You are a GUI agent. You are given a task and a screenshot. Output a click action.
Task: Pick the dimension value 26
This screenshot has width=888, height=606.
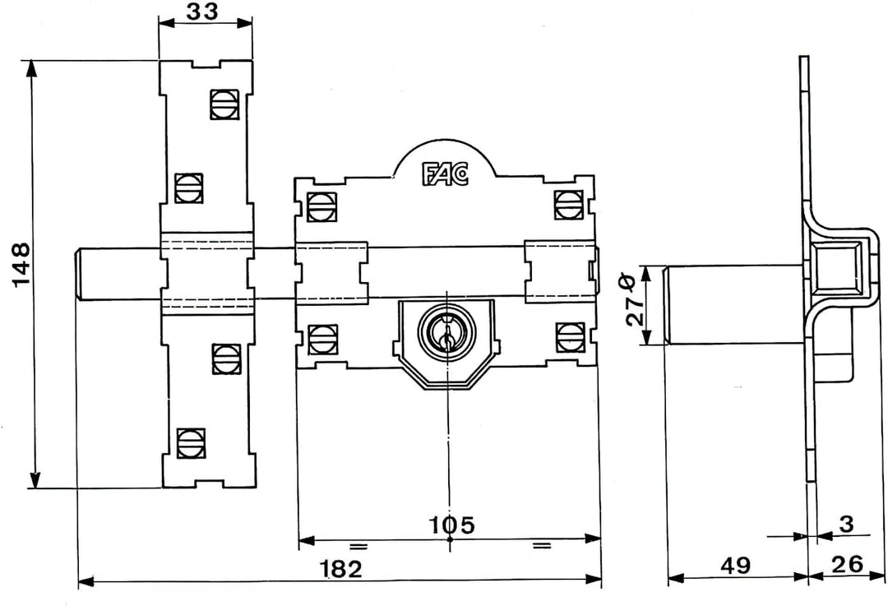coord(847,566)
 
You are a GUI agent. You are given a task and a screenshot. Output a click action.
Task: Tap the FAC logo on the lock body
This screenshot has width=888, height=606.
coord(445,173)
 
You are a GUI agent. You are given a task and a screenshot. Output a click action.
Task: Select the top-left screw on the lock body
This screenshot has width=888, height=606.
coord(321,205)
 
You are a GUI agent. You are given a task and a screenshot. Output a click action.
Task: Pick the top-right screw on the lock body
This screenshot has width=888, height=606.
coord(568,204)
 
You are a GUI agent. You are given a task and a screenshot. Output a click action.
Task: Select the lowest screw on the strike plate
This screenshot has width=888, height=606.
coord(190,442)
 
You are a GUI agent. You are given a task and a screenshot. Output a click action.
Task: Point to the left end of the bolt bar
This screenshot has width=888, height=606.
coord(82,273)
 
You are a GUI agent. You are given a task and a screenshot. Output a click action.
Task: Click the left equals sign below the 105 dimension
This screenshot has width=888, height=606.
coord(358,546)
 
